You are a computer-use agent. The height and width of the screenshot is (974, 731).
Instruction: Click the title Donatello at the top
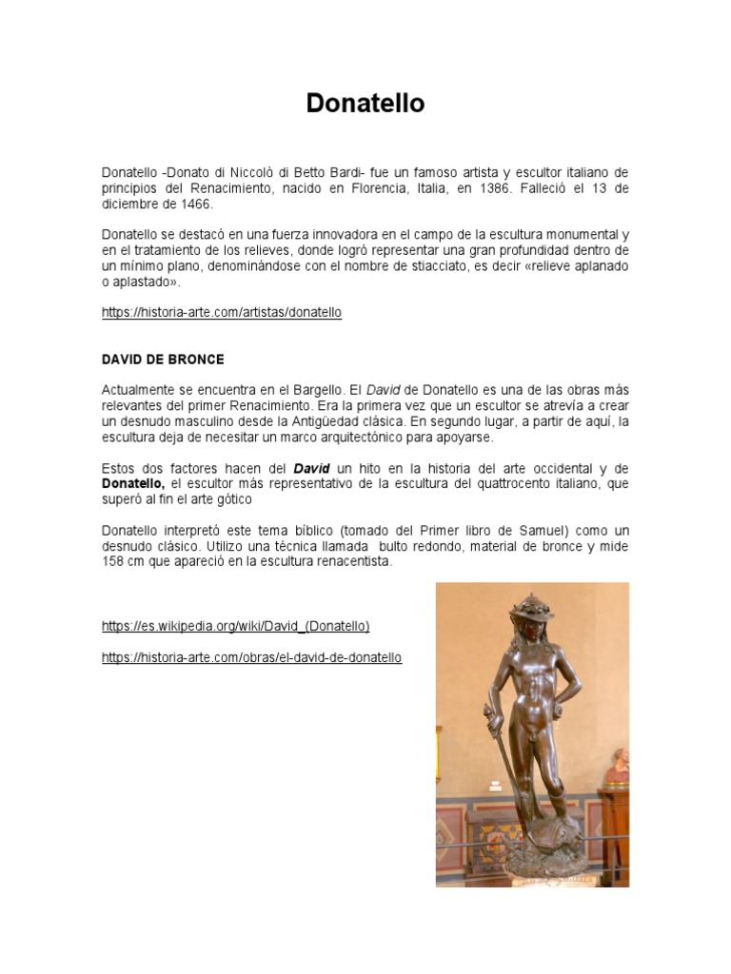[x=365, y=104]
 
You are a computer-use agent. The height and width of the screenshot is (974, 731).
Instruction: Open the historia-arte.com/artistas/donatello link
[x=221, y=312]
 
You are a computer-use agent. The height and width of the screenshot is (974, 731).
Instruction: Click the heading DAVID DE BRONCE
[x=163, y=360]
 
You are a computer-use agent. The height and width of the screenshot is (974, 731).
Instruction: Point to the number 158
[x=115, y=561]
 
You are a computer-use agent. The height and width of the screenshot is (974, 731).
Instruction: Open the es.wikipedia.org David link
[x=235, y=626]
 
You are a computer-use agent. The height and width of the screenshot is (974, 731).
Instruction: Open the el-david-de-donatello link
[x=251, y=657]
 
